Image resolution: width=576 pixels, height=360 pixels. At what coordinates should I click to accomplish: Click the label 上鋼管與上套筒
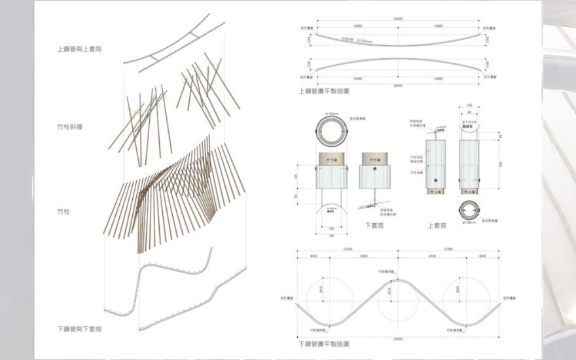coord(79,48)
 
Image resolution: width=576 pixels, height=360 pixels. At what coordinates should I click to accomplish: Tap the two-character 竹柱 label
coord(64,211)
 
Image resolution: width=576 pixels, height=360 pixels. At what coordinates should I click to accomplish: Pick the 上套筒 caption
coord(437,225)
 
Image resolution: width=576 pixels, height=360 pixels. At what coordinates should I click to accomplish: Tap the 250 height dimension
coord(500,164)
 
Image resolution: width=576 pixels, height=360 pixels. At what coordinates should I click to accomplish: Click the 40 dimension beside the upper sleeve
coord(500,135)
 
